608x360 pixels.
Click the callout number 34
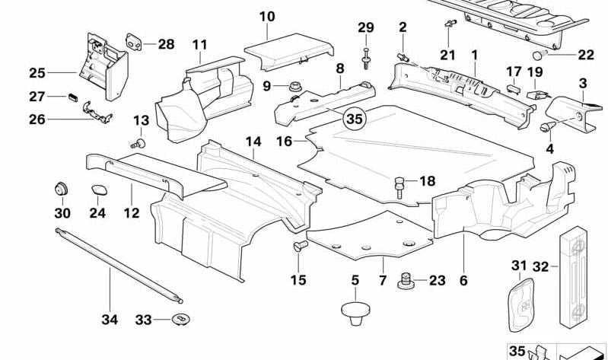110,320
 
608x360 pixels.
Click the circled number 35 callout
354,119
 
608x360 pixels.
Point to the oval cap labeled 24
99,191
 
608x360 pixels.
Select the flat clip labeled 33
181,319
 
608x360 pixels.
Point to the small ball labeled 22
540,55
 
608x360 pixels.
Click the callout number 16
284,142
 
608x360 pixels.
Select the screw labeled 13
139,142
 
